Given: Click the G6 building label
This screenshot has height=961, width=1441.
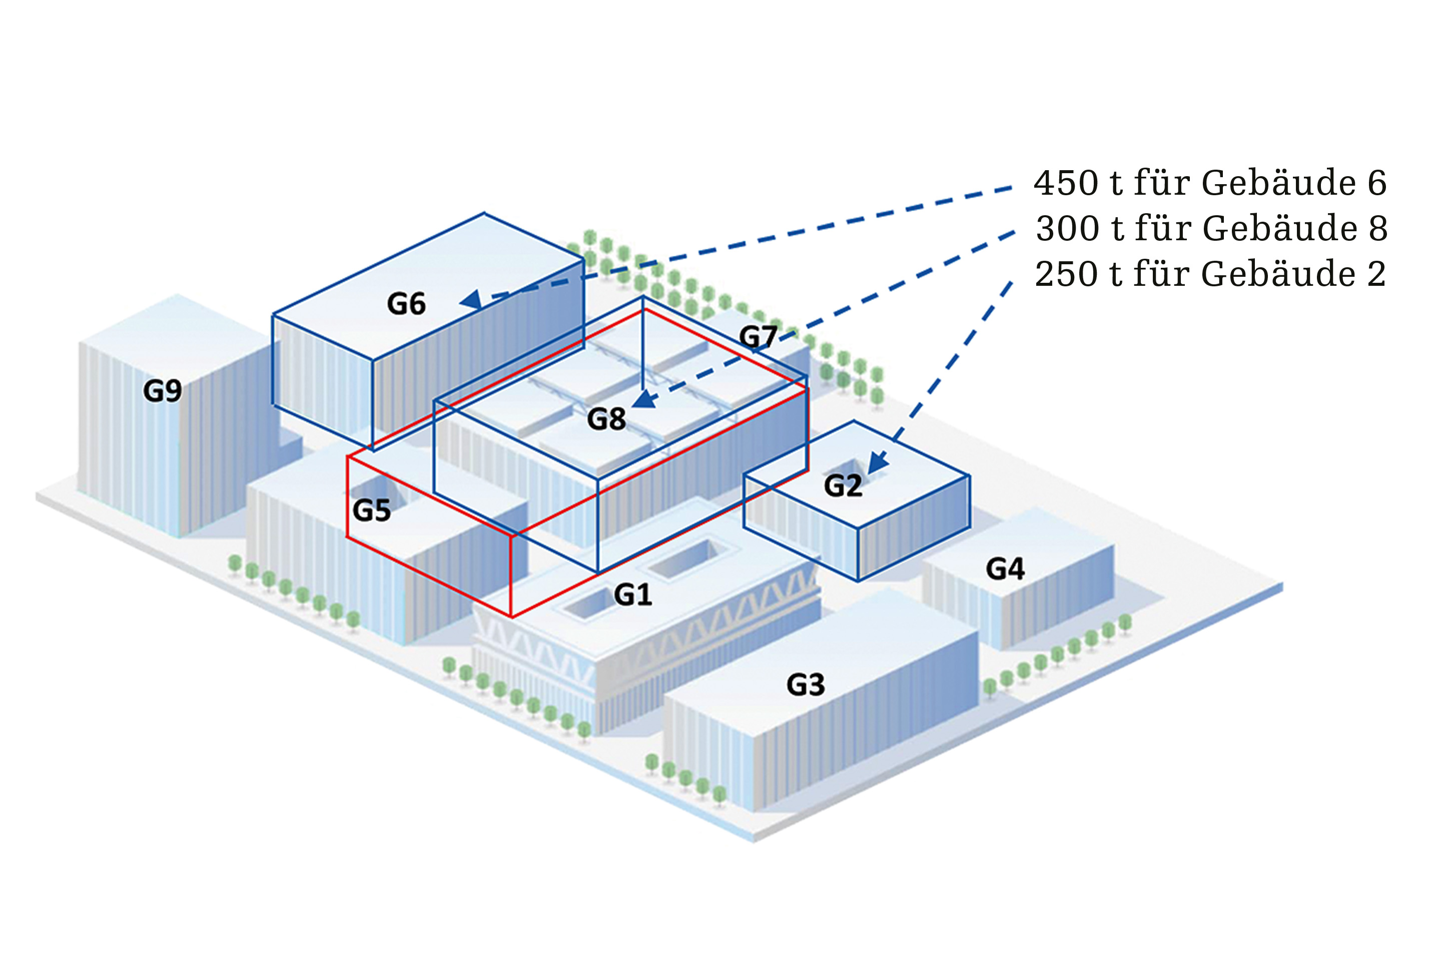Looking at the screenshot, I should click(x=406, y=304).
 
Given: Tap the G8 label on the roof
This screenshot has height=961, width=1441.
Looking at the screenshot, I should click(x=606, y=419).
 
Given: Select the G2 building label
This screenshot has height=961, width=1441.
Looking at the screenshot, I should click(x=843, y=486).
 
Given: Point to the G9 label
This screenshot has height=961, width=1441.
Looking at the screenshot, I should click(x=162, y=391).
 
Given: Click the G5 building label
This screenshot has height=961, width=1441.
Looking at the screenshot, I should click(x=371, y=511).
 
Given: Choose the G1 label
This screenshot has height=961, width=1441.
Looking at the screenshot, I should click(x=633, y=595).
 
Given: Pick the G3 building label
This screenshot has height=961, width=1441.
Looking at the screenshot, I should click(x=806, y=685).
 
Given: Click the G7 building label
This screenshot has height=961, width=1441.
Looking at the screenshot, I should click(x=758, y=336).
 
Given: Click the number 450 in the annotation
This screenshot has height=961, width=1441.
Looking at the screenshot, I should click(x=1067, y=183).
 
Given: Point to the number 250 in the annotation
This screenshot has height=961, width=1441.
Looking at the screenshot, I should click(x=1067, y=274).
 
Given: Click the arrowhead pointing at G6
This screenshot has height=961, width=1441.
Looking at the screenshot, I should click(x=472, y=300).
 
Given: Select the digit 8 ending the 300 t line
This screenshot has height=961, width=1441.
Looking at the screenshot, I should click(x=1377, y=229).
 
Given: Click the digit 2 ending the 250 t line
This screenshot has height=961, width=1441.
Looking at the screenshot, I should click(x=1376, y=274).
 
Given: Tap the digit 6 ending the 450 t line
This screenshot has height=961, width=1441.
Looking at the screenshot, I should click(x=1376, y=183).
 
